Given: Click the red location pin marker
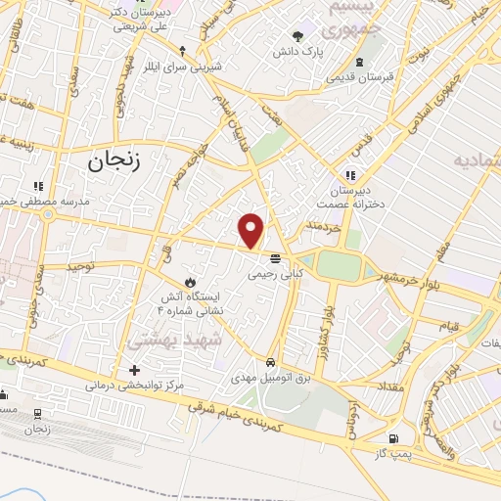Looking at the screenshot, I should (x=251, y=230).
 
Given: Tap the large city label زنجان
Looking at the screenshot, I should (x=114, y=162).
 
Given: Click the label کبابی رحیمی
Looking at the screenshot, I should (x=271, y=275).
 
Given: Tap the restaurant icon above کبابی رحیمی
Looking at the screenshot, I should (x=275, y=258).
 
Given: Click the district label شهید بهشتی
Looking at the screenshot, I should (x=183, y=336).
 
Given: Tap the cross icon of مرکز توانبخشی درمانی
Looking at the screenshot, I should (x=135, y=371).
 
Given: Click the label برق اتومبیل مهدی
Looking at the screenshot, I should (x=270, y=376).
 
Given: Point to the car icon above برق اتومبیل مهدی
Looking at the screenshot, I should (x=271, y=359).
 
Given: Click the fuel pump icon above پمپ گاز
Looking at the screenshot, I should (x=393, y=439).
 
